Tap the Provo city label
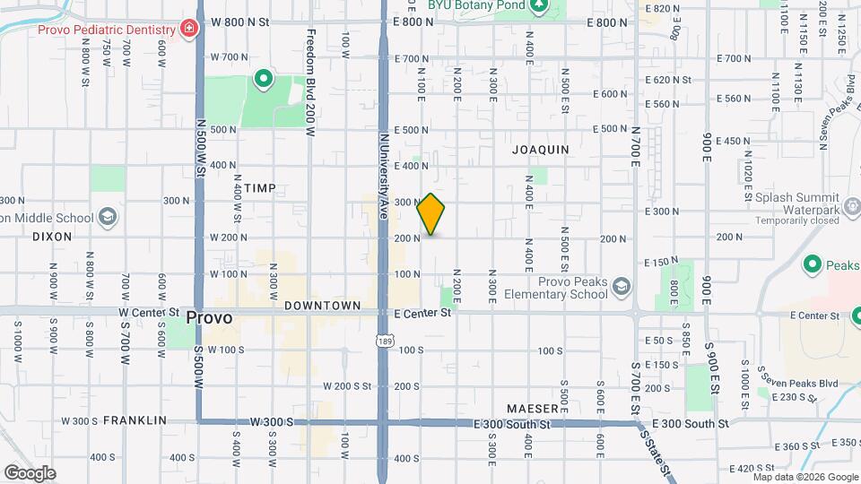tap(210, 317)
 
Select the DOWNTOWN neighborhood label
tap(322, 306)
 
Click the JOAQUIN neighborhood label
tap(540, 150)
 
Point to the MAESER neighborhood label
tap(532, 408)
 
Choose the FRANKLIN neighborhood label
tap(135, 419)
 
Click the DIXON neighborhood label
tap(51, 237)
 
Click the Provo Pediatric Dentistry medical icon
tap(188, 30)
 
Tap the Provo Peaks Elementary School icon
tap(622, 288)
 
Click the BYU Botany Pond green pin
tap(538, 7)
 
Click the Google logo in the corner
tap(29, 472)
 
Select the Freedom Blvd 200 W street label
tap(309, 82)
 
